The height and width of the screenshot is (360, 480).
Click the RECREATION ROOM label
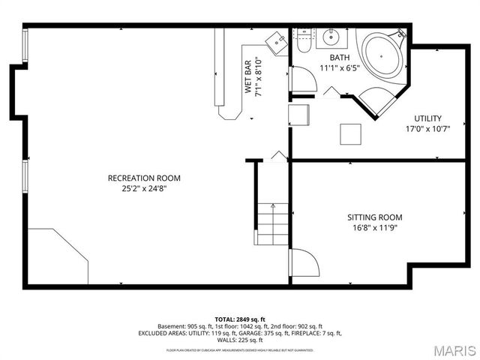(144, 178)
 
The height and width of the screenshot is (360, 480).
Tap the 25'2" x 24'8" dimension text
(144, 189)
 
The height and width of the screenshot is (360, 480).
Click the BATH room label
(340, 57)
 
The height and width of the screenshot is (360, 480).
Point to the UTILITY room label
(428, 118)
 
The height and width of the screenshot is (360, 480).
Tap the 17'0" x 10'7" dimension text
(428, 128)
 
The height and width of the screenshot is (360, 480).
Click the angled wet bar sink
(279, 43)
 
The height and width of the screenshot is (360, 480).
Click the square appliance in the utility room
(351, 133)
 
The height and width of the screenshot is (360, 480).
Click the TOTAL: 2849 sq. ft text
(239, 319)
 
